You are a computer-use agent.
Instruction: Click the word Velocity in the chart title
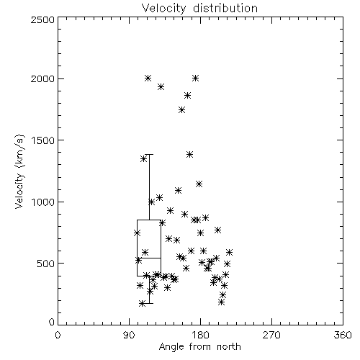(163, 9)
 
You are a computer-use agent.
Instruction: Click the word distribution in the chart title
(225, 8)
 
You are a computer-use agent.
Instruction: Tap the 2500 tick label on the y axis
(42, 19)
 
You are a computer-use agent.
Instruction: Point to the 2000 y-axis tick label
(42, 78)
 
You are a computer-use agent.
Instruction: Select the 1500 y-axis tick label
(43, 140)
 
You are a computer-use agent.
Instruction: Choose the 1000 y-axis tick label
(43, 202)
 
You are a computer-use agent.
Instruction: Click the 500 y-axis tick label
(46, 264)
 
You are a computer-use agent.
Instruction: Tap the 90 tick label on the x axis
(129, 335)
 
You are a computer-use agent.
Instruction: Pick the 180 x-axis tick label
(200, 335)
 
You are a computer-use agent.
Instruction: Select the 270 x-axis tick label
(271, 335)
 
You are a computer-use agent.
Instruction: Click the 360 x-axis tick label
(343, 335)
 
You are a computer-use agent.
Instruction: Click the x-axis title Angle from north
(200, 347)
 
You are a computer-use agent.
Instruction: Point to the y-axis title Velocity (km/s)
(19, 171)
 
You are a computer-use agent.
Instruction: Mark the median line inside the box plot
(149, 258)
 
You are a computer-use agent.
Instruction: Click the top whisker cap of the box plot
(149, 155)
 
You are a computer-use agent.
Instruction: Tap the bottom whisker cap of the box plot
(149, 303)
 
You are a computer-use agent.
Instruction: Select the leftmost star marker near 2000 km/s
(148, 78)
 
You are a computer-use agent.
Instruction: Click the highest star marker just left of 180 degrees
(195, 78)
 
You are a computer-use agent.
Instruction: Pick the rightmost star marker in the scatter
(229, 252)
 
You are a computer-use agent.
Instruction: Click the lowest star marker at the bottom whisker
(143, 304)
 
